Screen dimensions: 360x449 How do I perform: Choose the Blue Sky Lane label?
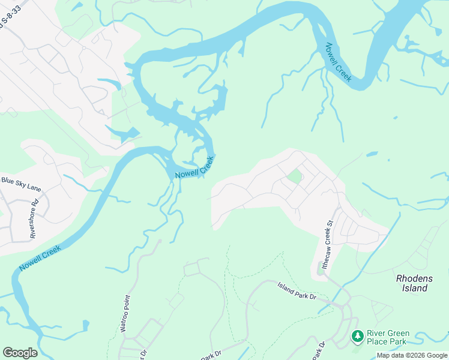21,184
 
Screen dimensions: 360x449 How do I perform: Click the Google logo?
20,352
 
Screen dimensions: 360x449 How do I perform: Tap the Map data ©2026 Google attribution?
412,355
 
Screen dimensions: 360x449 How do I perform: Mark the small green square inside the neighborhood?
294,176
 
